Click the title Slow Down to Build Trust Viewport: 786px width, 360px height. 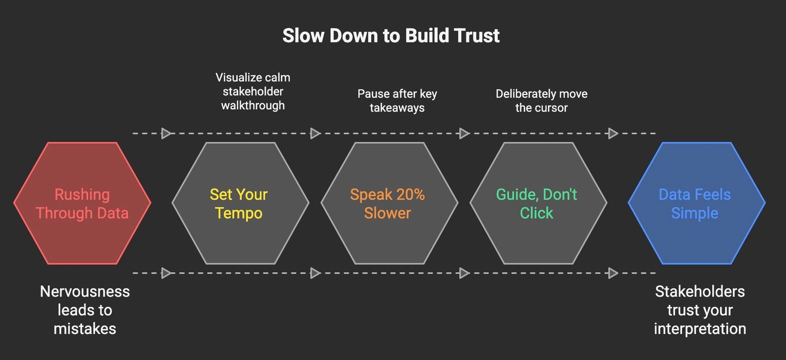pyautogui.click(x=391, y=36)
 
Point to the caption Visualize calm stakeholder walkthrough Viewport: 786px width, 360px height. pyautogui.click(x=253, y=91)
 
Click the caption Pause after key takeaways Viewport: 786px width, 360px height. pyautogui.click(x=397, y=101)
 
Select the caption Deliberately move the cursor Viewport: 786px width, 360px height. pyautogui.click(x=541, y=101)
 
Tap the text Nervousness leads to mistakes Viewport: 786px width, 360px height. pyautogui.click(x=85, y=310)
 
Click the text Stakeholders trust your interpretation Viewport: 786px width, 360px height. pyautogui.click(x=700, y=310)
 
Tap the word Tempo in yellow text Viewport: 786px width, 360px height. pyautogui.click(x=239, y=213)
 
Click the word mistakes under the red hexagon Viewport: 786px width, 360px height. pyautogui.click(x=85, y=329)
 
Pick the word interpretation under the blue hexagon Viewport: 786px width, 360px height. pyautogui.click(x=700, y=329)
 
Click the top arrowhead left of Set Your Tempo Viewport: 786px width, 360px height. pyautogui.click(x=166, y=134)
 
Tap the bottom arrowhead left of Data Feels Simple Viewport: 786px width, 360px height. pyautogui.click(x=613, y=273)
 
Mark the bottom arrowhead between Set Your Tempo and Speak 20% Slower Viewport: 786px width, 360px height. pyautogui.click(x=315, y=273)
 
